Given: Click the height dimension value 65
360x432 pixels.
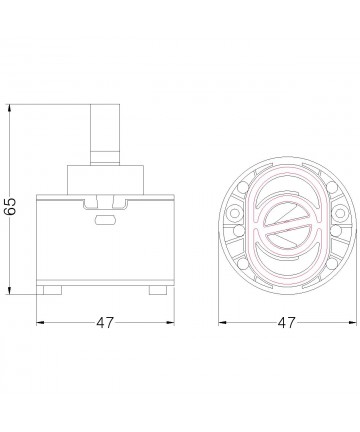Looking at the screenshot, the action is click(x=11, y=207).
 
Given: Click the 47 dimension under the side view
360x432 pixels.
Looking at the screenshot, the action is click(x=105, y=323).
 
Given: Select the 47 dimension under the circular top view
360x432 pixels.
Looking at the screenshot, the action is click(x=287, y=323).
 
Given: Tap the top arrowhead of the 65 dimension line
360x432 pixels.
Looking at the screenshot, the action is click(x=10, y=108).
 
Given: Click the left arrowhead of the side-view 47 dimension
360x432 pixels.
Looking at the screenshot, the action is click(x=40, y=322).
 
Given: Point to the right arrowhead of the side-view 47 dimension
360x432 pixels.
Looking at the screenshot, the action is click(x=170, y=322).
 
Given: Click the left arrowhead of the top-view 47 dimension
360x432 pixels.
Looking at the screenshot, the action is click(x=223, y=322).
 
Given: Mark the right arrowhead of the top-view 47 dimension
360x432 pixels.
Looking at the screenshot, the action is click(x=353, y=322).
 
